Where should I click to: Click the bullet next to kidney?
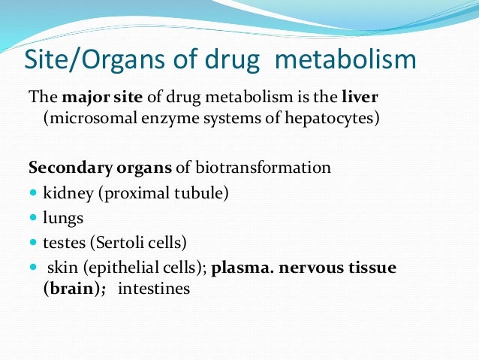coord(33,193)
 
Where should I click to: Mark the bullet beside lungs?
coord(33,218)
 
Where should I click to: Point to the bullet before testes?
coord(33,243)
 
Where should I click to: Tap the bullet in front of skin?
coord(33,268)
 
